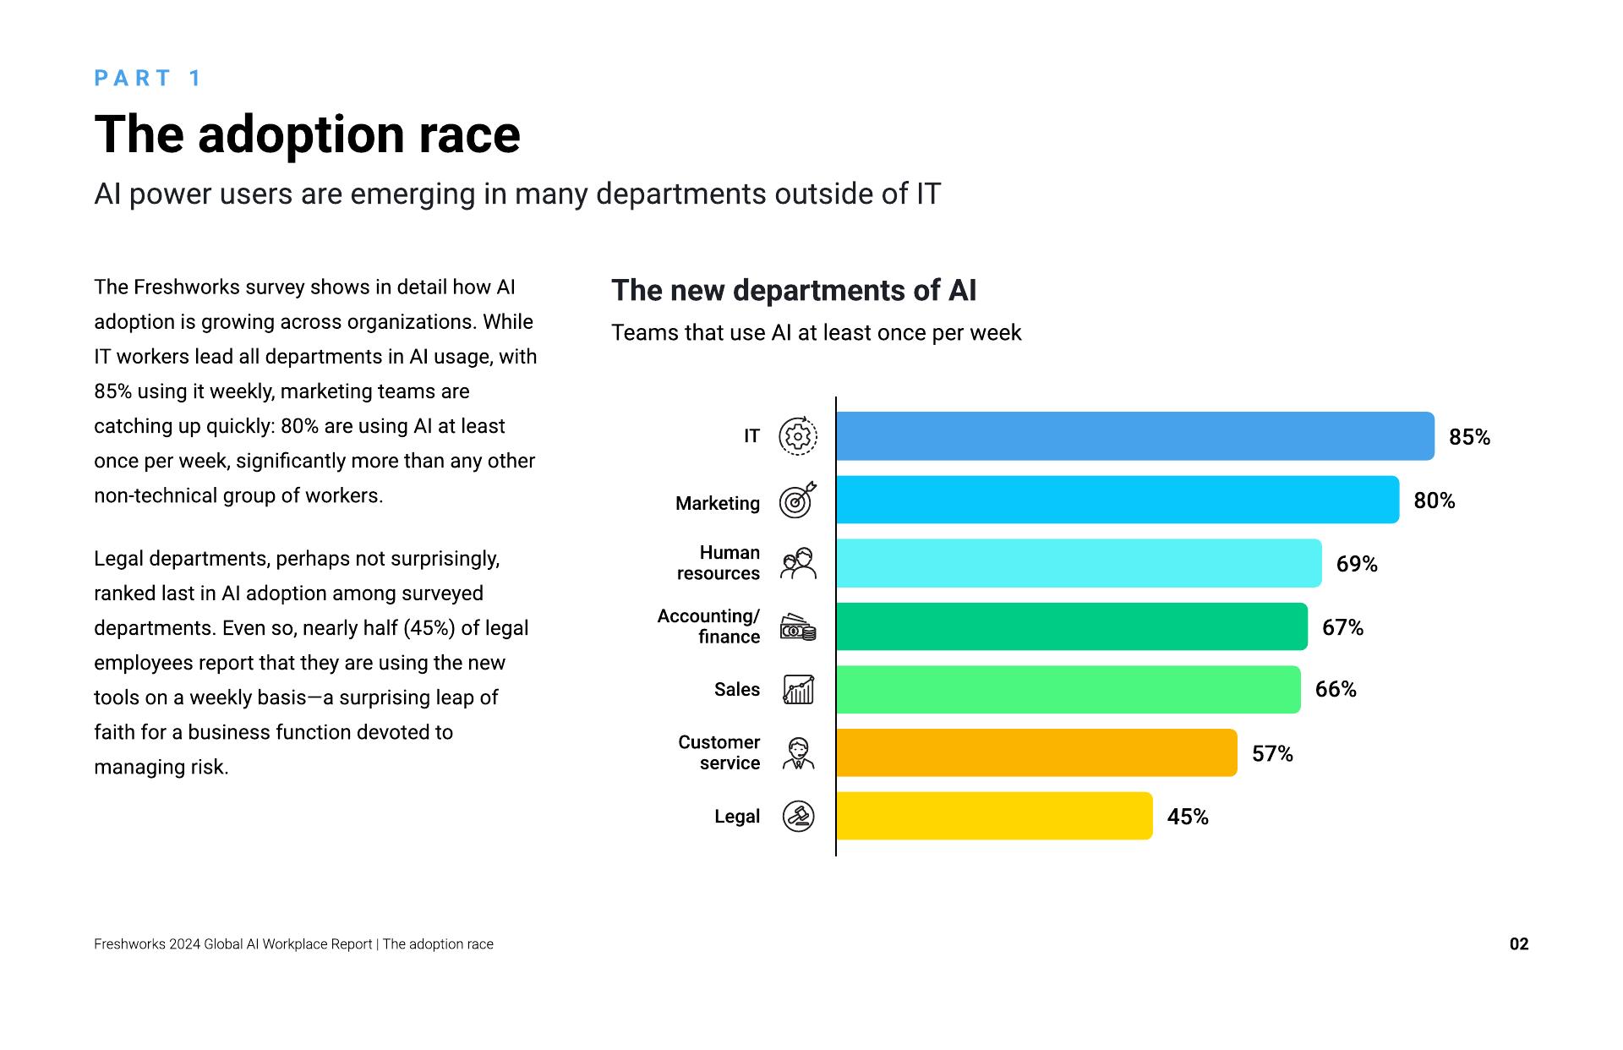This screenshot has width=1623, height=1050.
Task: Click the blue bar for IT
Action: [1134, 436]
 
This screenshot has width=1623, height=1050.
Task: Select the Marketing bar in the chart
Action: [1118, 500]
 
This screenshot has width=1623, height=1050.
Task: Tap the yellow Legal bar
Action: [994, 816]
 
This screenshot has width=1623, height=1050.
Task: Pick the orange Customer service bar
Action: [1036, 752]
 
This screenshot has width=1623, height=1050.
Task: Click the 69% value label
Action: [1357, 564]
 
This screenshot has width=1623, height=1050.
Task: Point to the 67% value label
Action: [1342, 627]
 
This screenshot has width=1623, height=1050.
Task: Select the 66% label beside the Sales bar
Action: [1336, 690]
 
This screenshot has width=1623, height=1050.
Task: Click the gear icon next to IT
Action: [797, 436]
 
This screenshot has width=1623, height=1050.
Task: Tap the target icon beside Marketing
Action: [797, 500]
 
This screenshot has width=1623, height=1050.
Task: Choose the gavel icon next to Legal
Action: [798, 817]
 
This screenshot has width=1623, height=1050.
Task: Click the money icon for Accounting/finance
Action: [797, 627]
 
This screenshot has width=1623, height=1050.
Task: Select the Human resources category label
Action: [719, 563]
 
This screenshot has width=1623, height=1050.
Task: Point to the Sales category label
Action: [736, 690]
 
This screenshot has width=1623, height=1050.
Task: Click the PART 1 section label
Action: [148, 79]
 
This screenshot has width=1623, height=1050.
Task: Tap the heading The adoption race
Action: [307, 134]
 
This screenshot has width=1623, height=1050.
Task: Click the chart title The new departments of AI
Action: [793, 291]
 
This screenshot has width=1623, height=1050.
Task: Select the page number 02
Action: [1519, 944]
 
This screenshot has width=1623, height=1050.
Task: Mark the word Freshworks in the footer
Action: [129, 944]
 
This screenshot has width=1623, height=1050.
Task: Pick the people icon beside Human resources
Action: [797, 563]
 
